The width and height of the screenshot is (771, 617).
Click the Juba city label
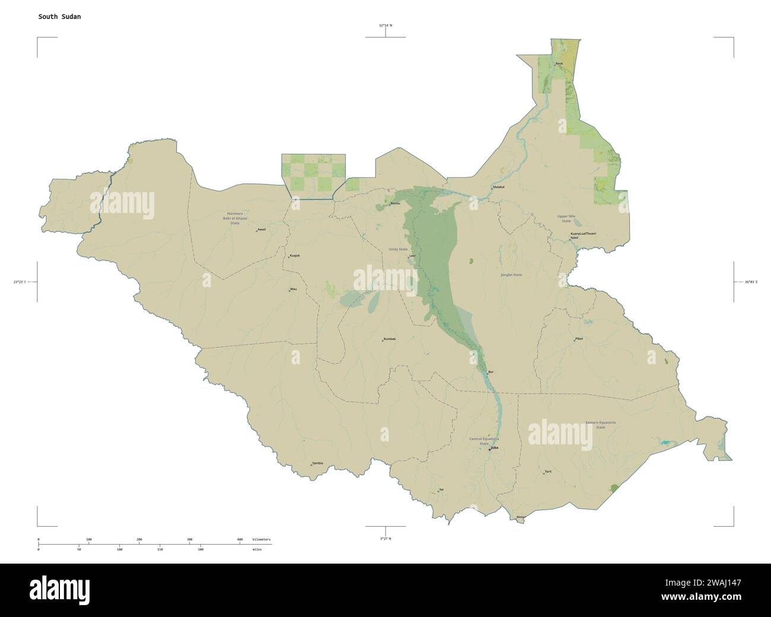pyautogui.click(x=493, y=448)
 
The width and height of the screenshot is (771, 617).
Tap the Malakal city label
pyautogui.click(x=498, y=187)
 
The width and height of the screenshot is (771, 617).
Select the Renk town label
pyautogui.click(x=559, y=63)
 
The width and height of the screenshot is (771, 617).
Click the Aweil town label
pyautogui.click(x=262, y=229)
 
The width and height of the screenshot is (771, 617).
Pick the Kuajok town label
pyautogui.click(x=295, y=256)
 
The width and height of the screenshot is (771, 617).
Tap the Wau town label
pyautogui.click(x=293, y=289)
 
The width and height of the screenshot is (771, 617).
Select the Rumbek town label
pyautogui.click(x=390, y=339)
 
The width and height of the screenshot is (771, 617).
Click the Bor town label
pyautogui.click(x=490, y=372)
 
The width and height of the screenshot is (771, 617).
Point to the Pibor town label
pyautogui.click(x=579, y=339)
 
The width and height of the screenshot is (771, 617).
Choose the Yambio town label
pyautogui.click(x=317, y=463)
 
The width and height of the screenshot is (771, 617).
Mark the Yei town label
pyautogui.click(x=441, y=489)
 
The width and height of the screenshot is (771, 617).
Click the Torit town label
pyautogui.click(x=548, y=472)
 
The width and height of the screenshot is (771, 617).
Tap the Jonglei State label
pyautogui.click(x=511, y=275)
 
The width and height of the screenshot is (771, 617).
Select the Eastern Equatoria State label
pyautogui.click(x=600, y=424)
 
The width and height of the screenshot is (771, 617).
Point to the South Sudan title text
pyautogui.click(x=59, y=17)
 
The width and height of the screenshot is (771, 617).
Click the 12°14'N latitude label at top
pyautogui.click(x=385, y=26)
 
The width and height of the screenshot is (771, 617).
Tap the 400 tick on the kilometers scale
pyautogui.click(x=240, y=539)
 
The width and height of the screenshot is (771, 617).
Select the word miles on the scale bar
pyautogui.click(x=256, y=550)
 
